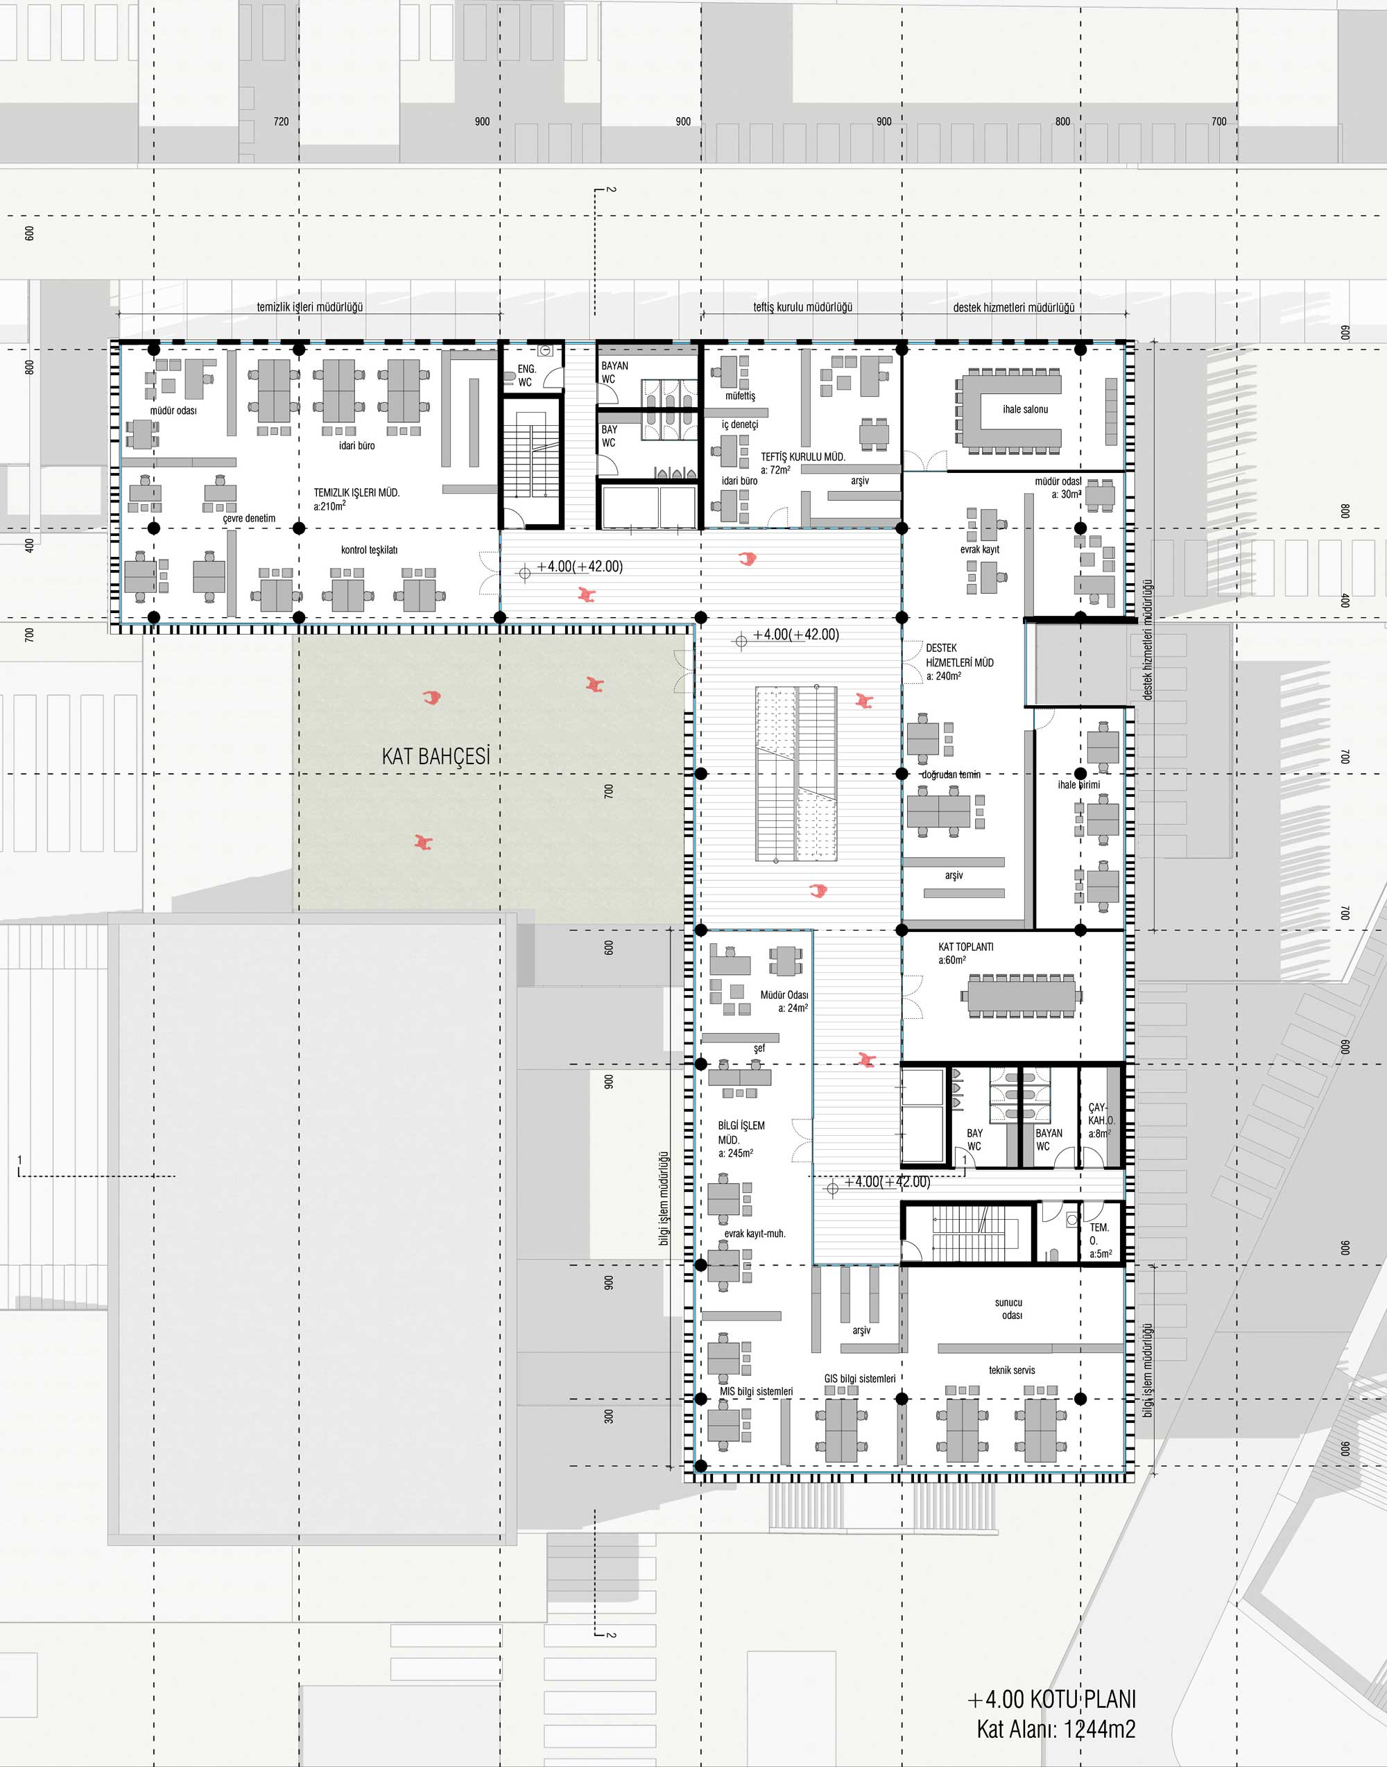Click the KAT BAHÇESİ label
click(436, 756)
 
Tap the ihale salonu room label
click(1025, 409)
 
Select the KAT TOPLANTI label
click(965, 947)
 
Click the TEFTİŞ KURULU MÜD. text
click(802, 457)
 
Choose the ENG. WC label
click(526, 375)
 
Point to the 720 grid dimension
click(281, 122)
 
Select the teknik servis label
click(1012, 1370)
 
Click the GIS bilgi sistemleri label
click(859, 1378)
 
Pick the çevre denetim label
click(249, 518)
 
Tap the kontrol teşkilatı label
click(370, 550)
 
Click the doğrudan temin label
click(951, 775)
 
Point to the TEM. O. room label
click(1099, 1240)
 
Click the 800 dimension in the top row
click(1062, 122)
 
